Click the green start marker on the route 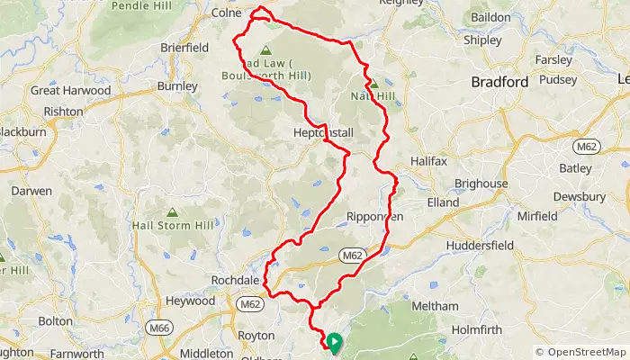[x=334, y=342]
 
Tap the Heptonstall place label [x=323, y=133]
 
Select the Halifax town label [x=428, y=160]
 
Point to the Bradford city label [x=499, y=82]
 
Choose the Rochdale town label [x=236, y=281]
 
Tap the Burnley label [x=177, y=86]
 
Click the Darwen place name [x=31, y=191]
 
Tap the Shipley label [x=488, y=40]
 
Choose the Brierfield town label [x=184, y=47]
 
